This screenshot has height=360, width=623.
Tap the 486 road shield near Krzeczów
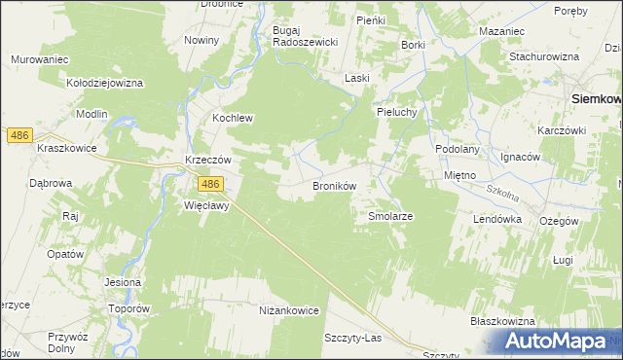pyautogui.click(x=211, y=184)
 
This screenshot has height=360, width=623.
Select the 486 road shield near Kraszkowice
pyautogui.click(x=18, y=136)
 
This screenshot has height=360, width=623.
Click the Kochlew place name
pyautogui.click(x=233, y=119)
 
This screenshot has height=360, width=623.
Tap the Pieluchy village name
pyautogui.click(x=397, y=112)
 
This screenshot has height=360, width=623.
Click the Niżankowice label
pyautogui.click(x=289, y=310)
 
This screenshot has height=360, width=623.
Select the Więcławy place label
pyautogui.click(x=205, y=206)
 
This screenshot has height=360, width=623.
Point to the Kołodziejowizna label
pyautogui.click(x=104, y=84)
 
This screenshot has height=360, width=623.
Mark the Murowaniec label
pyautogui.click(x=39, y=60)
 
